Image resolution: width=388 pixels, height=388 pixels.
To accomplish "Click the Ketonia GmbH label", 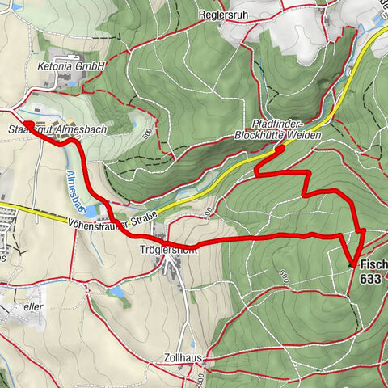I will pos(71,64).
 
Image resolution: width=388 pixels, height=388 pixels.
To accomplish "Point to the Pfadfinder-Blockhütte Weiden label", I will pos(276,129).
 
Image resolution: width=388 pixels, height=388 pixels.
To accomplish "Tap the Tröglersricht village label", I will pos(168,249).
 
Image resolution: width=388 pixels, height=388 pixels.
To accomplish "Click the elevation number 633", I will pos(371,278).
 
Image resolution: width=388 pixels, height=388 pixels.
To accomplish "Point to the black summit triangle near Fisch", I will pos(352,263).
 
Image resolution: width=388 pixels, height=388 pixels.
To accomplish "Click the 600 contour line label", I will pos(284,276).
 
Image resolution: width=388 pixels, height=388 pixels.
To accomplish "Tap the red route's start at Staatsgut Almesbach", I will pos(27,124).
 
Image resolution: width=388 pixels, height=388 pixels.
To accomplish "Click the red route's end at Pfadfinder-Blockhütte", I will pos(280,149).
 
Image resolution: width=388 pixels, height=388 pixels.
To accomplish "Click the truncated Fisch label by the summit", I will pos(373,264).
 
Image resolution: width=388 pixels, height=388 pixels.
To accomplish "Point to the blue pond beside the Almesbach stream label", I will pos(90,211).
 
